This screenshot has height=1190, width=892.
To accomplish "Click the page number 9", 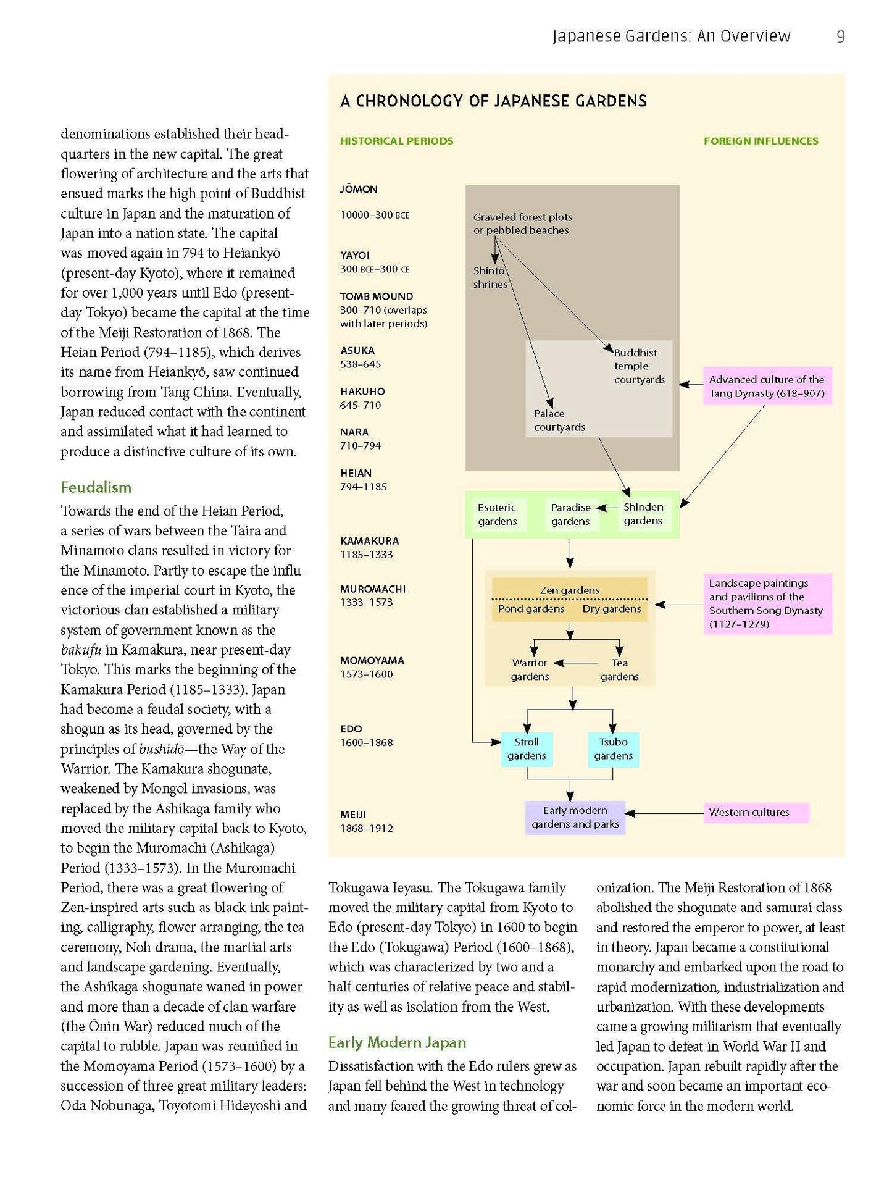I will (x=840, y=37).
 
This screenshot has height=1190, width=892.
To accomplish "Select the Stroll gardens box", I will (x=527, y=749).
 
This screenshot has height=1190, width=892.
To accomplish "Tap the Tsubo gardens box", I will (x=613, y=749).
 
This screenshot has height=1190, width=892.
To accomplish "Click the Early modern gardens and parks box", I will (x=575, y=818).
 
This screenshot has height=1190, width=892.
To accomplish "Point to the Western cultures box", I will (x=756, y=813).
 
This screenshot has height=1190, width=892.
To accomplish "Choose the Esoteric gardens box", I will (x=498, y=514).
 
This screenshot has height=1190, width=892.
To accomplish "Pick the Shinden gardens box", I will (x=643, y=514).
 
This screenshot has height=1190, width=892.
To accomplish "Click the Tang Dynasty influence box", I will (x=767, y=387).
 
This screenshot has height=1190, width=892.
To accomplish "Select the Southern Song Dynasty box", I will (x=767, y=603).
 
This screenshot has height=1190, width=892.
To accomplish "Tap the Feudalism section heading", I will (x=96, y=488).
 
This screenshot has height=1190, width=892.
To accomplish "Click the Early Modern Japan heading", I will (x=397, y=1043).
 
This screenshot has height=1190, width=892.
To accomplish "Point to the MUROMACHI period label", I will (x=373, y=589).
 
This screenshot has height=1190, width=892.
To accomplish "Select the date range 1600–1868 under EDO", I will (x=366, y=743).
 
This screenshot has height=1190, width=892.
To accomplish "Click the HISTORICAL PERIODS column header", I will (x=396, y=141).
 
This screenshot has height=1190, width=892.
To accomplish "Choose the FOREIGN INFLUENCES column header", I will (x=761, y=141).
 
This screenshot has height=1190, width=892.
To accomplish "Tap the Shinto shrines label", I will (x=490, y=278).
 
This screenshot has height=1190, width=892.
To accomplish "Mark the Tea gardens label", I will (x=619, y=670).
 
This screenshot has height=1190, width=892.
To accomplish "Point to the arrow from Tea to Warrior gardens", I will (x=576, y=663).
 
